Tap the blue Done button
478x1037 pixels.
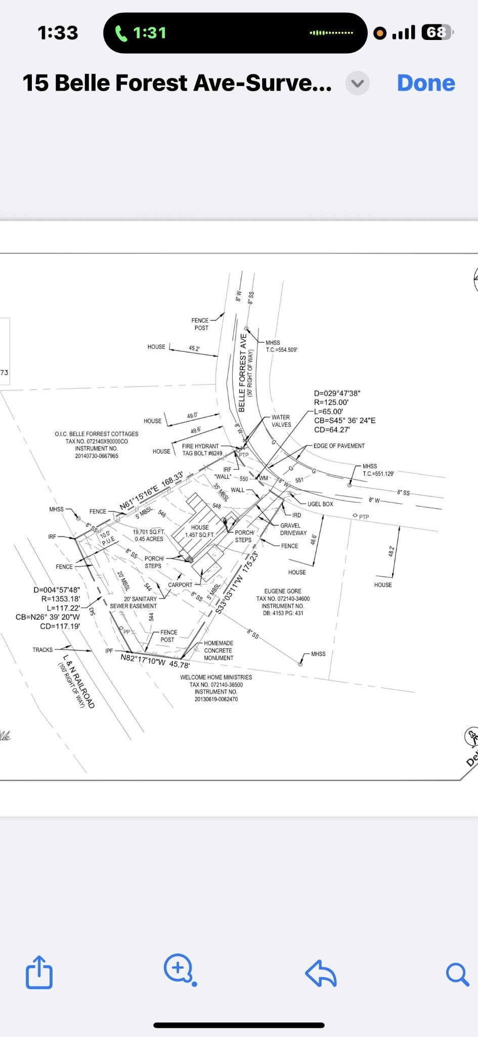pyautogui.click(x=426, y=83)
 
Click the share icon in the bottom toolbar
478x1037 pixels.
pyautogui.click(x=39, y=972)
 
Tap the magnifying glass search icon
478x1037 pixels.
pyautogui.click(x=457, y=974)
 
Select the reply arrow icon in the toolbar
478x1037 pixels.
pyautogui.click(x=321, y=973)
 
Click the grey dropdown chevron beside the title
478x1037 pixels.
pyautogui.click(x=358, y=83)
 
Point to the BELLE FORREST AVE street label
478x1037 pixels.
pyautogui.click(x=242, y=373)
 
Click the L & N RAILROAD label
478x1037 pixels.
pyautogui.click(x=78, y=681)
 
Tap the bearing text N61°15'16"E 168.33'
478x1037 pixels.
pyautogui.click(x=151, y=491)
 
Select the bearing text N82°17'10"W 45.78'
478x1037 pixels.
pyautogui.click(x=155, y=660)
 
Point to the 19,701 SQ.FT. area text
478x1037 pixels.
pyautogui.click(x=149, y=532)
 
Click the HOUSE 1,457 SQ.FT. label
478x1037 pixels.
pyautogui.click(x=200, y=531)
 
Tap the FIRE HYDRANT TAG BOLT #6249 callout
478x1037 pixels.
pyautogui.click(x=201, y=450)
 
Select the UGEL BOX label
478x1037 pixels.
pyautogui.click(x=320, y=504)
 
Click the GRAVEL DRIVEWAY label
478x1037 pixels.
pyautogui.click(x=293, y=529)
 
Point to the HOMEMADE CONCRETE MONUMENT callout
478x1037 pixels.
pyautogui.click(x=219, y=651)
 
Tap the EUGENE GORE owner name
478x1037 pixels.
pyautogui.click(x=283, y=591)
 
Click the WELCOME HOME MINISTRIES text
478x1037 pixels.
pyautogui.click(x=216, y=677)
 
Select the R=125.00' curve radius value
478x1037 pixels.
pyautogui.click(x=331, y=403)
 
